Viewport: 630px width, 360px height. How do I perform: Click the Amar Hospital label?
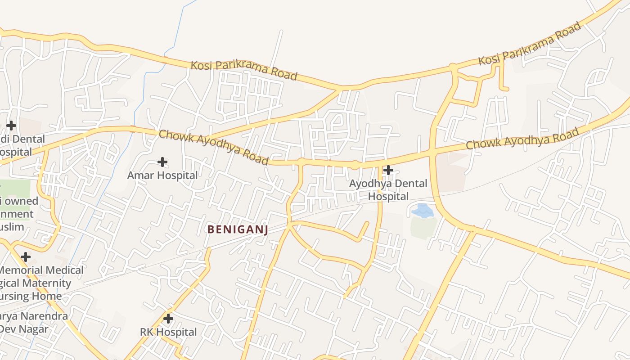pyautogui.click(x=162, y=175)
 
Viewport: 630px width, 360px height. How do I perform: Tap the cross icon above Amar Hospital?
pyautogui.click(x=162, y=162)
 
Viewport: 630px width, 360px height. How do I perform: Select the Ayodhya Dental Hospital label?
pyautogui.click(x=388, y=190)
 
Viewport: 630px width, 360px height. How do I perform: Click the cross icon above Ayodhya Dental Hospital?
pyautogui.click(x=388, y=170)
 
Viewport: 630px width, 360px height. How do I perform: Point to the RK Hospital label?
pyautogui.click(x=168, y=332)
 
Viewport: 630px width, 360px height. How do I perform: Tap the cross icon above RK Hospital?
pyautogui.click(x=168, y=319)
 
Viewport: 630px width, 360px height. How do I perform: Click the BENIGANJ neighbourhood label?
pyautogui.click(x=238, y=229)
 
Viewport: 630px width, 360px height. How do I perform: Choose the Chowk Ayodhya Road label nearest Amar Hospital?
pyautogui.click(x=214, y=147)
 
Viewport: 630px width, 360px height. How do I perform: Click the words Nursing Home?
pyautogui.click(x=31, y=296)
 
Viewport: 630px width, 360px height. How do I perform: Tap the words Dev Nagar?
pyautogui.click(x=24, y=328)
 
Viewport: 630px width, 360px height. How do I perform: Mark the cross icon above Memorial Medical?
pyautogui.click(x=26, y=257)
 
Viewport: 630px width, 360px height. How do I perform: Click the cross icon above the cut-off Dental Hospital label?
pyautogui.click(x=11, y=125)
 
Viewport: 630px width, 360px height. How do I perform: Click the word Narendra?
pyautogui.click(x=43, y=316)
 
